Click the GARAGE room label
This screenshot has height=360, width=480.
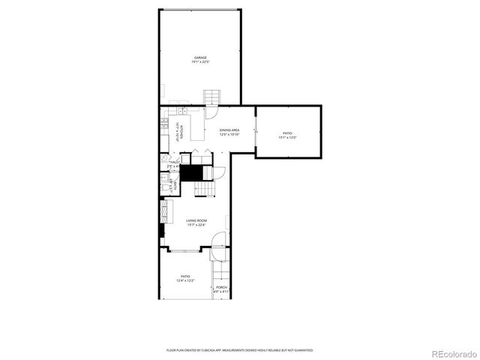click(200, 58)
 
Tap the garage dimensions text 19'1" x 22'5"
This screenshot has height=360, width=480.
click(200, 62)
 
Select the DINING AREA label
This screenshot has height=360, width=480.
click(229, 130)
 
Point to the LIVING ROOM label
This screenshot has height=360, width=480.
click(196, 220)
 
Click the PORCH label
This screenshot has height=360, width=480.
click(221, 287)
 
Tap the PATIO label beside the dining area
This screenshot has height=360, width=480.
click(288, 133)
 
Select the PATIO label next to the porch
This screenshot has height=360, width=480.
click(185, 276)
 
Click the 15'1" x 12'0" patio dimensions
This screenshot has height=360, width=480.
click(288, 137)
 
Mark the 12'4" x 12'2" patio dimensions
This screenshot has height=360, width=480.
click(185, 280)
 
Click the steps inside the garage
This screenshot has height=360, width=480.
click(213, 97)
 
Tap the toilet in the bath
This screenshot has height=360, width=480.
click(163, 179)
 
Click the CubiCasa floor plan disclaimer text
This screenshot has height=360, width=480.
click(239, 350)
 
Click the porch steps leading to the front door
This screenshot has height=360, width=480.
click(220, 271)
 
